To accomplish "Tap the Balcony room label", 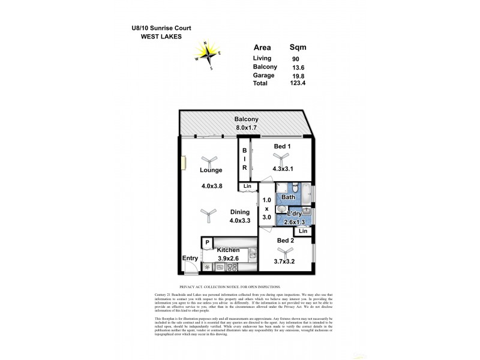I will [x=246, y=119].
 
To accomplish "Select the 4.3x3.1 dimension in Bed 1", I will [x=284, y=169].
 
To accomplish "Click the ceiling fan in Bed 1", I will [x=277, y=158].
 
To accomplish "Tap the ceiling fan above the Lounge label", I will [x=209, y=160].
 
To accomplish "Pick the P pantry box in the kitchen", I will [x=206, y=242].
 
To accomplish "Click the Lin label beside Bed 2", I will [x=303, y=231].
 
